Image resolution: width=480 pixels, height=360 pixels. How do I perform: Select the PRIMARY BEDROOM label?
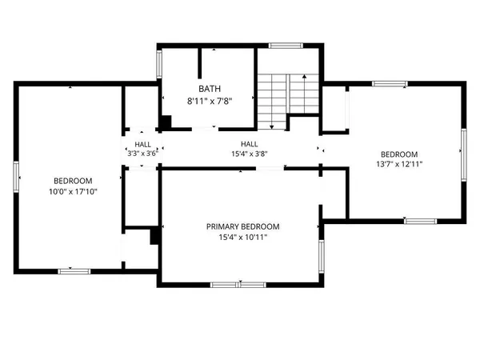[241, 226]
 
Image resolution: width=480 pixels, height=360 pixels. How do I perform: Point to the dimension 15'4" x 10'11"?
[241, 238]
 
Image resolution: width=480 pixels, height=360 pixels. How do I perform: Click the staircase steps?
[277, 96]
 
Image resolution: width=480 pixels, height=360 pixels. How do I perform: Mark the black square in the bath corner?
[166, 122]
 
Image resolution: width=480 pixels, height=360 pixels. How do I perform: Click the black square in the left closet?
[155, 236]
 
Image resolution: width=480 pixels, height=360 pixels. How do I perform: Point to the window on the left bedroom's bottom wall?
[74, 271]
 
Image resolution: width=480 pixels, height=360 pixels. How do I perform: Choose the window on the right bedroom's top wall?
[390, 82]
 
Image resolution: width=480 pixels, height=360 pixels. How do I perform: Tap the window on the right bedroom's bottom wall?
[419, 220]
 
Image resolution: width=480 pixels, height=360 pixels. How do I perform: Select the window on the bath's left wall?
[158, 64]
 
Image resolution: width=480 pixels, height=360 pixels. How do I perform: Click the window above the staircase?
[282, 45]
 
